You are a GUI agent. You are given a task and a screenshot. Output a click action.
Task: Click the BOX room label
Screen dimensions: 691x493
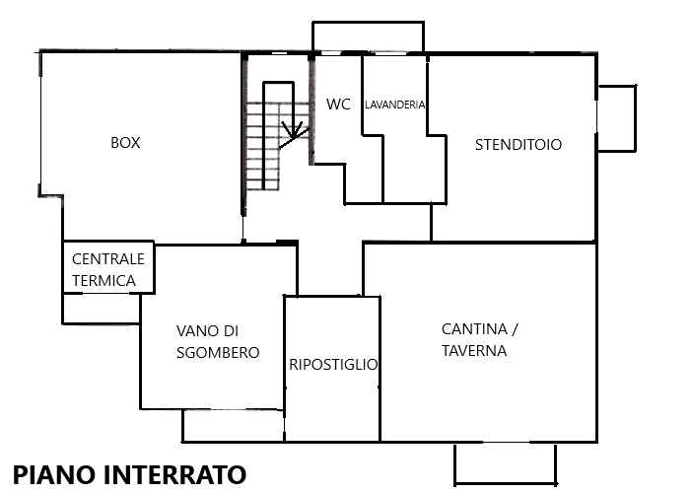tap(125, 143)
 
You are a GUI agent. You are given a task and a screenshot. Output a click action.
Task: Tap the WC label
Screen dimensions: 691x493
tap(338, 105)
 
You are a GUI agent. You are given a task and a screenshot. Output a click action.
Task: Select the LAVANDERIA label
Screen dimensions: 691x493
tap(395, 105)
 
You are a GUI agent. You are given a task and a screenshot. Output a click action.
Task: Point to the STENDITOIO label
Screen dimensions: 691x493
tap(518, 145)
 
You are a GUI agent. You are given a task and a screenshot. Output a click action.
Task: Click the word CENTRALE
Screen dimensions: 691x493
tap(108, 259)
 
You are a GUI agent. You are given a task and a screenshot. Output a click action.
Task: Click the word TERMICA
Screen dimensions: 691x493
tap(104, 280)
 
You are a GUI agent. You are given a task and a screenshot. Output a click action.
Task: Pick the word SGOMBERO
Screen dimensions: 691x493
tap(218, 353)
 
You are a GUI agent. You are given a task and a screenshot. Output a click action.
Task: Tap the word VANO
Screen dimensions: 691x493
tap(193, 330)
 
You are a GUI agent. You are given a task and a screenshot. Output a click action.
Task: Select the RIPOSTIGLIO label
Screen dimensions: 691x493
tap(333, 365)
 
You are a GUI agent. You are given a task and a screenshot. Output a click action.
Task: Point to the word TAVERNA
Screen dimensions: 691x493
tap(474, 351)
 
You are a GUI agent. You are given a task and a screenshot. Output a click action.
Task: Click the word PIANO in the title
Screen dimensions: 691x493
tap(54, 475)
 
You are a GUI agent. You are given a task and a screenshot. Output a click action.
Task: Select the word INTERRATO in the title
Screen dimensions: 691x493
tap(174, 475)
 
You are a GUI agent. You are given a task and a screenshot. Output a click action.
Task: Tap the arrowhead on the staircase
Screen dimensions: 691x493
tap(292, 130)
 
